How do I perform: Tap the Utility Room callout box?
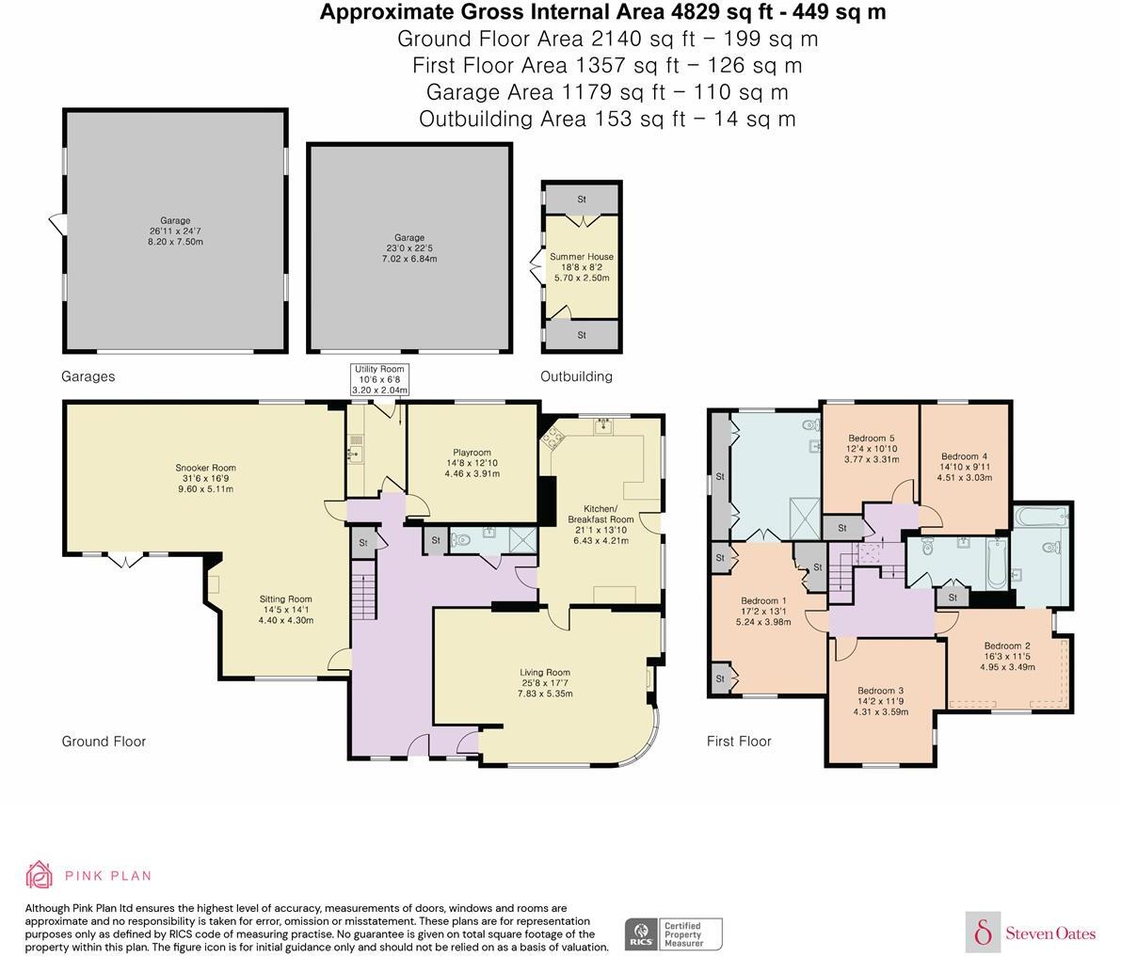(x=379, y=379)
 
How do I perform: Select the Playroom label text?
(x=472, y=463)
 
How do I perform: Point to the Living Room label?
(x=545, y=682)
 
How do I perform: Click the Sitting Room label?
(x=285, y=609)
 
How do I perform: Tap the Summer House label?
(x=582, y=266)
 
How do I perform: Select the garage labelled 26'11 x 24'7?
(x=174, y=231)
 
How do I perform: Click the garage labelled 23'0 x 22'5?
(x=409, y=247)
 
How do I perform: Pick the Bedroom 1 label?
(x=763, y=611)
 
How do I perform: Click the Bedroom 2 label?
(x=1007, y=656)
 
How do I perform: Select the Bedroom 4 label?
(x=964, y=467)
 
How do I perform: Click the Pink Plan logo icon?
(x=40, y=875)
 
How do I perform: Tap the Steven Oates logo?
(x=1032, y=933)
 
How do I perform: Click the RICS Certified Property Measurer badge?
(x=673, y=934)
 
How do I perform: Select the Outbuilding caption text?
(x=576, y=376)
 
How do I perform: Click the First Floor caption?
(x=739, y=742)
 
